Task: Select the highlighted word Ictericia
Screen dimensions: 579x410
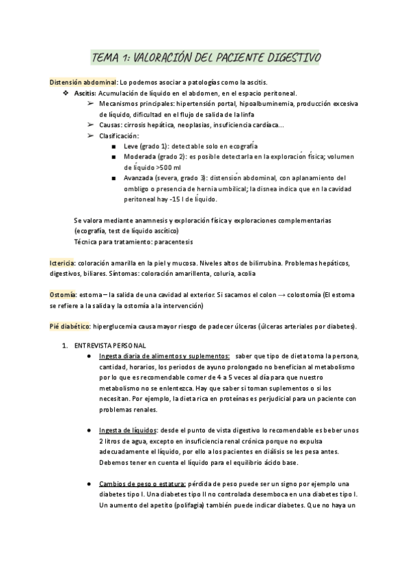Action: point(63,262)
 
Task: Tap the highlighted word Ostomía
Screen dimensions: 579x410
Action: point(64,294)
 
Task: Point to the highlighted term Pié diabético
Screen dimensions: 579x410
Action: point(70,326)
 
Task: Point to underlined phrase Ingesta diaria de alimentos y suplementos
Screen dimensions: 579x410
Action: point(164,356)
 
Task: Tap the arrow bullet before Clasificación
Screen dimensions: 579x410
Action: point(90,135)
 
